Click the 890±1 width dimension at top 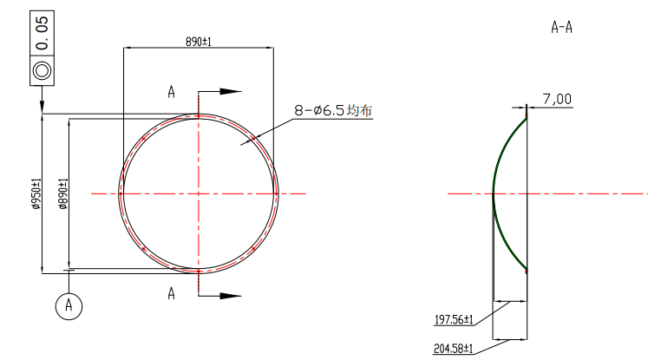click(199, 41)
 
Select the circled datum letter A click(69, 305)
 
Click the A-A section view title click(561, 27)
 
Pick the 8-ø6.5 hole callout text click(320, 110)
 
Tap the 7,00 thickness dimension click(557, 100)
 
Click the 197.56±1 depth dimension click(453, 320)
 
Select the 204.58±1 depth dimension click(453, 348)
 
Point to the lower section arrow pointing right click(229, 295)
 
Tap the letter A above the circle click(171, 91)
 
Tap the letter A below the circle click(171, 294)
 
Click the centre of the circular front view click(199, 193)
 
